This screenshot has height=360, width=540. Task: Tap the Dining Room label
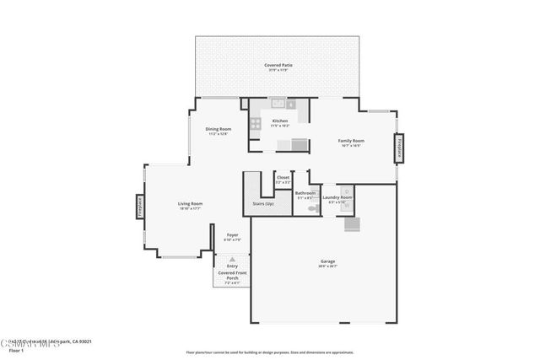(218, 129)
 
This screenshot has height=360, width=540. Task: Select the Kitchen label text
(279, 121)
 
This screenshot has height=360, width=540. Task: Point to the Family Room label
(351, 141)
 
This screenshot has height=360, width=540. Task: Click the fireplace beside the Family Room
(397, 149)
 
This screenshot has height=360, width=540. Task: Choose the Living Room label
(190, 204)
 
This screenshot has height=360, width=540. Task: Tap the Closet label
(283, 178)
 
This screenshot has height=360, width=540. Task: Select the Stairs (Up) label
(263, 204)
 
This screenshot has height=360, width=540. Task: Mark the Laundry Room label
(337, 197)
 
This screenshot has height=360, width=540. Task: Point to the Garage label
(327, 261)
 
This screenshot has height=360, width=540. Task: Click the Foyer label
(231, 235)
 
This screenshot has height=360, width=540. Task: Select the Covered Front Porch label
(231, 275)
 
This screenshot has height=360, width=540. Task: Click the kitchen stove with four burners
(254, 126)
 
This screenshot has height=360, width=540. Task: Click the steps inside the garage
(351, 225)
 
